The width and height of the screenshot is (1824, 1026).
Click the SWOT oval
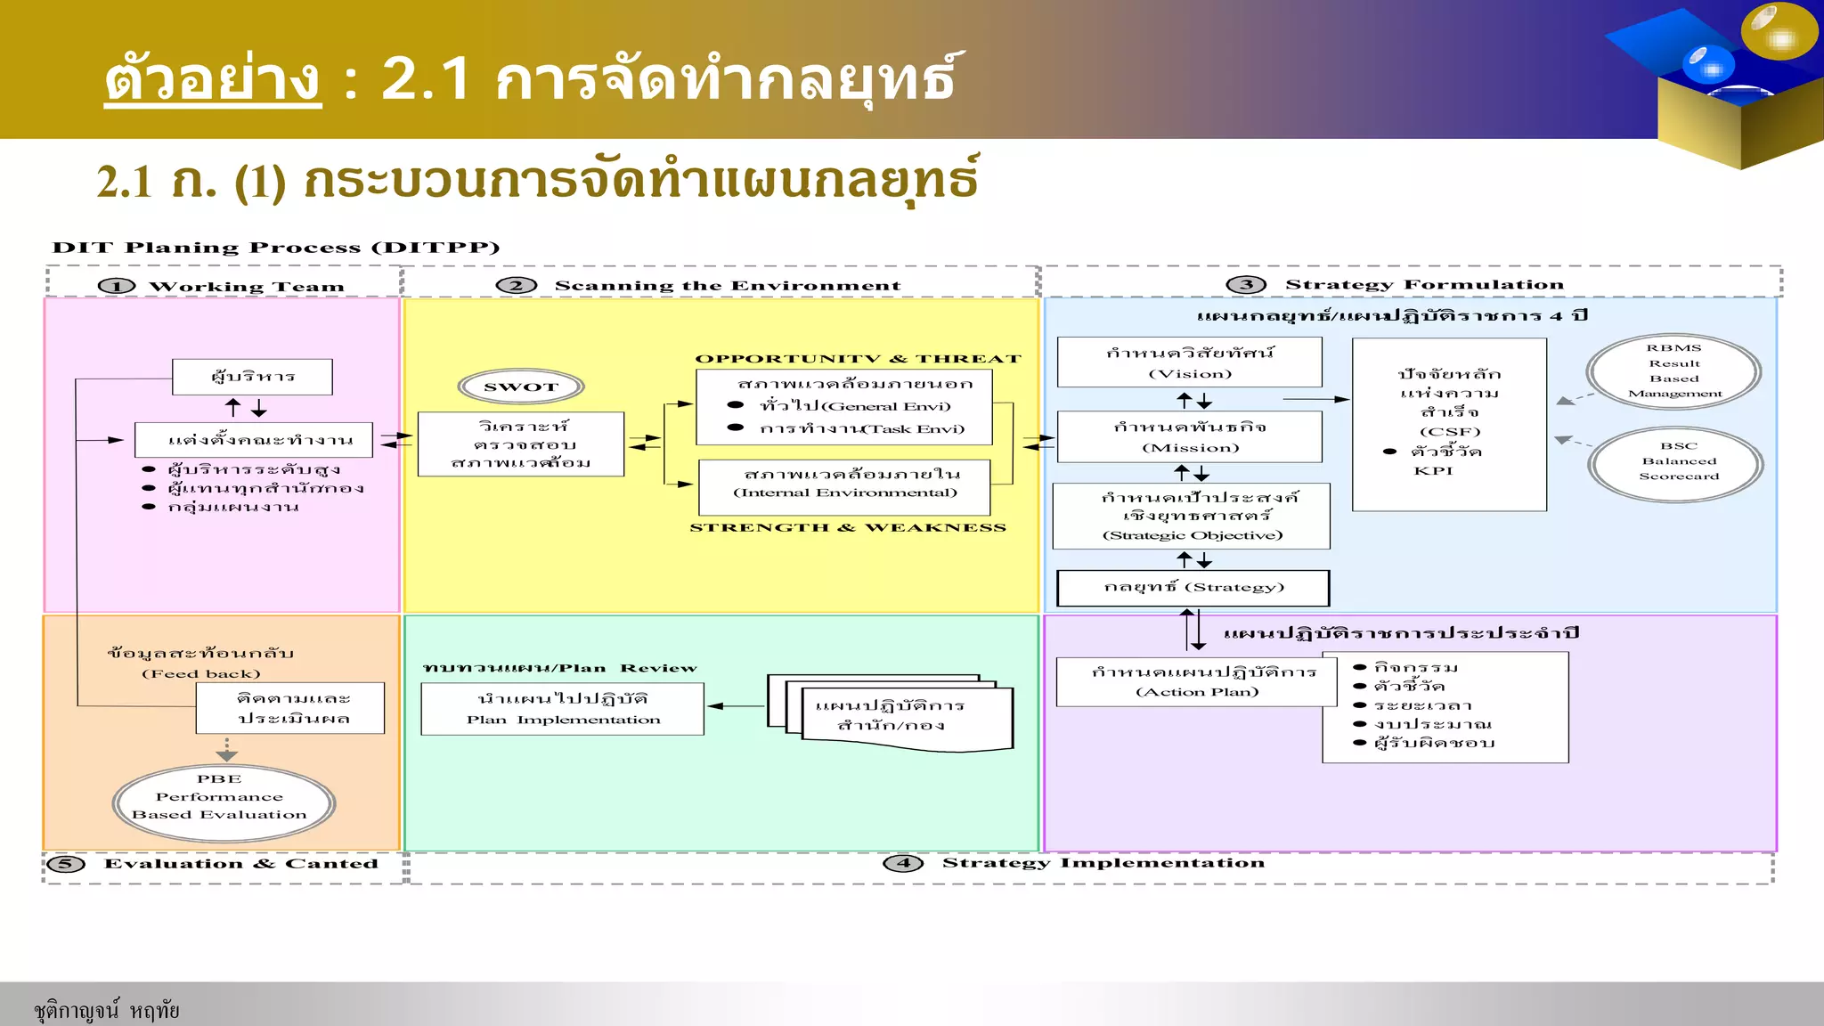click(521, 387)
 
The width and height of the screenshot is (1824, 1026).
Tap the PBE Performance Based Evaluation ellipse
click(224, 803)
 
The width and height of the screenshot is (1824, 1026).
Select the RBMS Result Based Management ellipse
click(1673, 371)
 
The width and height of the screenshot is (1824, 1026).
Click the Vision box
click(1189, 362)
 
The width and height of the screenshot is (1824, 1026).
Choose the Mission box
click(1189, 436)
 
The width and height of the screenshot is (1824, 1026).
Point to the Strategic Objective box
click(1191, 516)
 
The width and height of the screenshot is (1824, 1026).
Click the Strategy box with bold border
click(1193, 588)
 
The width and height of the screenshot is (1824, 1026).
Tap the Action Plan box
click(1196, 681)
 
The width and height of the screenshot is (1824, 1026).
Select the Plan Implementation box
click(562, 709)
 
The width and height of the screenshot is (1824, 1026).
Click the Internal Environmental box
click(844, 486)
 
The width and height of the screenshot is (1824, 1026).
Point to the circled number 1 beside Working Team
click(117, 287)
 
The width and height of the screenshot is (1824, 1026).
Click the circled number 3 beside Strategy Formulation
click(1246, 285)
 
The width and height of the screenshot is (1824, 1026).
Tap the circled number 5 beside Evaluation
click(66, 864)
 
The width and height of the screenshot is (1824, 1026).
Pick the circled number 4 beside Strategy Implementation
click(903, 863)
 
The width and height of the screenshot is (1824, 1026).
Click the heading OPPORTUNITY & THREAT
click(858, 359)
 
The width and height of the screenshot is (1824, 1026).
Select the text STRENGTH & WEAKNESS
click(847, 528)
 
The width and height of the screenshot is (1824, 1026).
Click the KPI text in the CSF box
click(1432, 471)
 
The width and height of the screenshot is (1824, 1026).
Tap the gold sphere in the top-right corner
click(1779, 32)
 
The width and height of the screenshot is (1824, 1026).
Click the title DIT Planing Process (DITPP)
click(276, 248)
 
